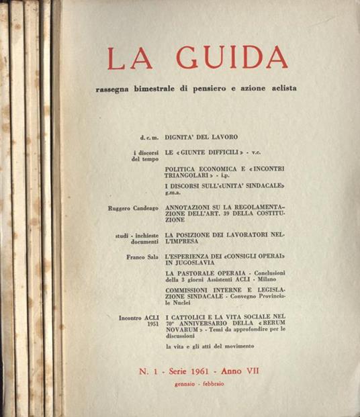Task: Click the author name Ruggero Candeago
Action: click(x=132, y=208)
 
